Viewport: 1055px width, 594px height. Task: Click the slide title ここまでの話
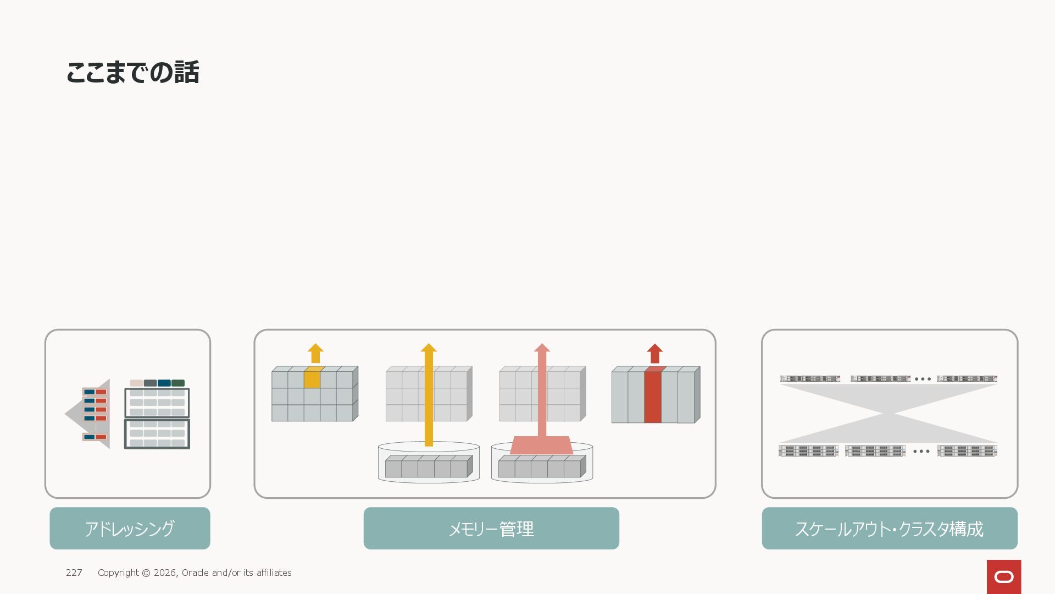click(132, 73)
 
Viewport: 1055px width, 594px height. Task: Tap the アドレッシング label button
click(130, 528)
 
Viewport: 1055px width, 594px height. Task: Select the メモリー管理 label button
click(491, 528)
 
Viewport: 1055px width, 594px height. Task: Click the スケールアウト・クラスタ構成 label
click(890, 528)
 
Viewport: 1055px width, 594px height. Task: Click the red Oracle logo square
click(1004, 576)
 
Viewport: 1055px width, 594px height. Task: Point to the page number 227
click(74, 573)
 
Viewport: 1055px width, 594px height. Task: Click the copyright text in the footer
click(195, 573)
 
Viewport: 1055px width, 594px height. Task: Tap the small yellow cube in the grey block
click(312, 378)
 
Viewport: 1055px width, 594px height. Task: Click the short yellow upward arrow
click(315, 353)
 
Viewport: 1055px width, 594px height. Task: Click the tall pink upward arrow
click(542, 391)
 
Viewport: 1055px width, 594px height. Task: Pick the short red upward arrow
click(654, 353)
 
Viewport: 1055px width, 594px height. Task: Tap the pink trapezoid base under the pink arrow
click(541, 446)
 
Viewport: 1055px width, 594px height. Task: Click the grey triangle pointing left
click(74, 414)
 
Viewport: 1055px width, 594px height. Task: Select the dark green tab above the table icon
click(178, 383)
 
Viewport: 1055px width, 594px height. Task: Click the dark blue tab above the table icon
click(164, 383)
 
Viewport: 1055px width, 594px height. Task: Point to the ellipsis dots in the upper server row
click(923, 379)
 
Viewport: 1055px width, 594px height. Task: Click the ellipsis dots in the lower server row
click(921, 452)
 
